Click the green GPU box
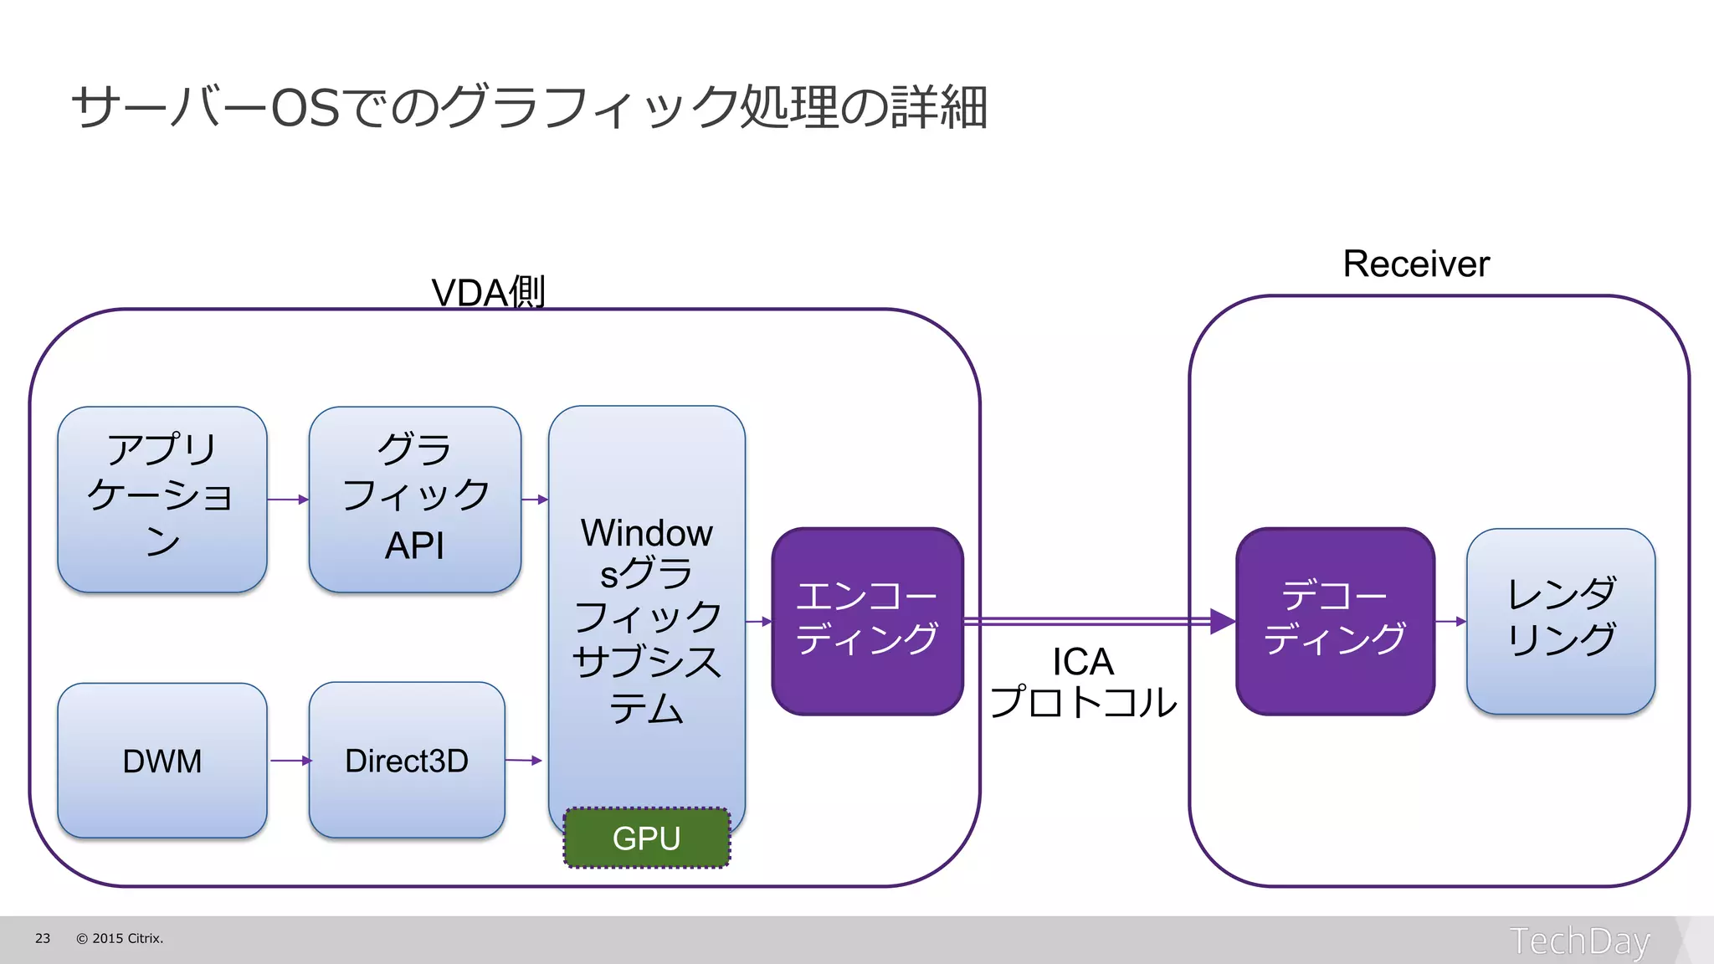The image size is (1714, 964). tap(646, 838)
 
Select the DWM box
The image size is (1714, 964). tap(162, 761)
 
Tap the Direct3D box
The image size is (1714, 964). tap(407, 761)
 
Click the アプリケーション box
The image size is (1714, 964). tap(162, 500)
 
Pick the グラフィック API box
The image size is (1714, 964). tap(415, 500)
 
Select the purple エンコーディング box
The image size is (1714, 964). tap(867, 621)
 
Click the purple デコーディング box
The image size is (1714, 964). tap(1335, 621)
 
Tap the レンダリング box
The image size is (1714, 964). tap(1561, 621)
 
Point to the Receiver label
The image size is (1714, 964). tap(1416, 264)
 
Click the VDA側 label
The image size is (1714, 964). tap(488, 292)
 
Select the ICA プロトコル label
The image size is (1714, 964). tap(1083, 683)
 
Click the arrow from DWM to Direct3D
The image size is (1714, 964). tap(290, 761)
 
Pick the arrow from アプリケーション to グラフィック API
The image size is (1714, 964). tap(288, 500)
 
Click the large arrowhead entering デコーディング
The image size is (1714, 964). tap(1223, 621)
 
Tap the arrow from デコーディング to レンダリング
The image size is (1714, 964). tap(1450, 621)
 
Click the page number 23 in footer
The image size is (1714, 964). tap(43, 939)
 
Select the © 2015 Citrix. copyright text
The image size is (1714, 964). tap(120, 939)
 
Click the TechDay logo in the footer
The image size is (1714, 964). tap(1579, 941)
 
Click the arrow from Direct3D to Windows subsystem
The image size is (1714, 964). tap(525, 761)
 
